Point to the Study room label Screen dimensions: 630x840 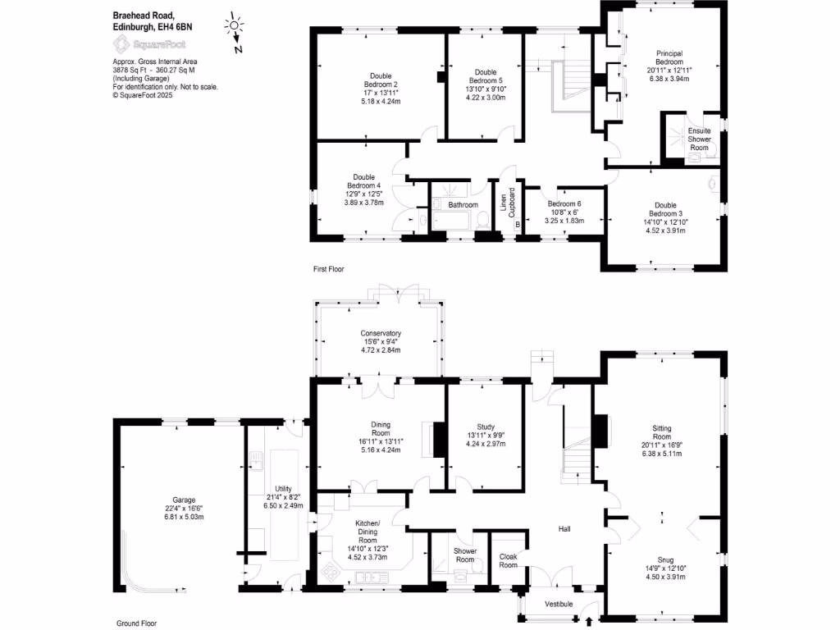tap(486, 427)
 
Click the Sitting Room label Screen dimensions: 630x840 tap(661, 433)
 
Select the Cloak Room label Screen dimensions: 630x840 tap(509, 560)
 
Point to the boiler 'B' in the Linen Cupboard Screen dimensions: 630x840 tap(518, 225)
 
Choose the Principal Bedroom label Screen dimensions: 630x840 tap(669, 58)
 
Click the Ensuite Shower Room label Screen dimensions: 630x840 tap(699, 139)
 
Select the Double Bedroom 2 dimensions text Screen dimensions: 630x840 tap(384, 98)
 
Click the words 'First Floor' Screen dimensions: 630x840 tap(328, 269)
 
